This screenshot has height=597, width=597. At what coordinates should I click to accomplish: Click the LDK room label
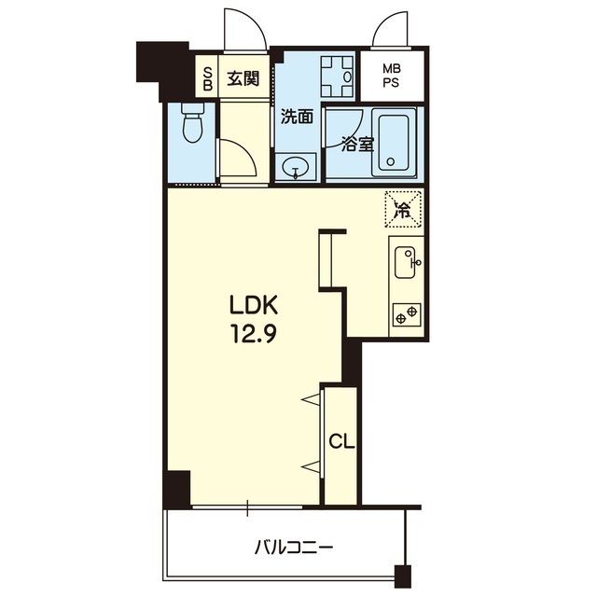253,306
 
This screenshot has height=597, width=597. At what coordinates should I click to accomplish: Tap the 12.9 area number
253,334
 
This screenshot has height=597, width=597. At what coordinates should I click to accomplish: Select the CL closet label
341,441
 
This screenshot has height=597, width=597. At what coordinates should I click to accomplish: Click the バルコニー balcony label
294,548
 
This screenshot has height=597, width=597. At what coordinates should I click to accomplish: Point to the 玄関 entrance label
243,78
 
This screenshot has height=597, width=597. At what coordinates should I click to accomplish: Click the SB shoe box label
207,78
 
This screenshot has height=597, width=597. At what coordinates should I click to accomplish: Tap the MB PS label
392,76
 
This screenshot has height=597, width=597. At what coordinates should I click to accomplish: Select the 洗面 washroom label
297,117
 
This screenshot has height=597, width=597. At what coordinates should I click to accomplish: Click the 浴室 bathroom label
357,145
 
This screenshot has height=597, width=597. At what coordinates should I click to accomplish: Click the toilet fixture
193,122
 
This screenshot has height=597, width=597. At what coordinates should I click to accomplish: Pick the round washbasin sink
296,166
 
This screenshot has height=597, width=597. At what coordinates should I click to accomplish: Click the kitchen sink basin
405,262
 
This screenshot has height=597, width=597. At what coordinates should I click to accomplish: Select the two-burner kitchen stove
407,314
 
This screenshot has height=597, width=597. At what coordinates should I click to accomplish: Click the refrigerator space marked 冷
403,209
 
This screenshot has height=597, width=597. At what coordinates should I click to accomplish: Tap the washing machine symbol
338,76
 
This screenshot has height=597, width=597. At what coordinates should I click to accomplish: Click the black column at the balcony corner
403,576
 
